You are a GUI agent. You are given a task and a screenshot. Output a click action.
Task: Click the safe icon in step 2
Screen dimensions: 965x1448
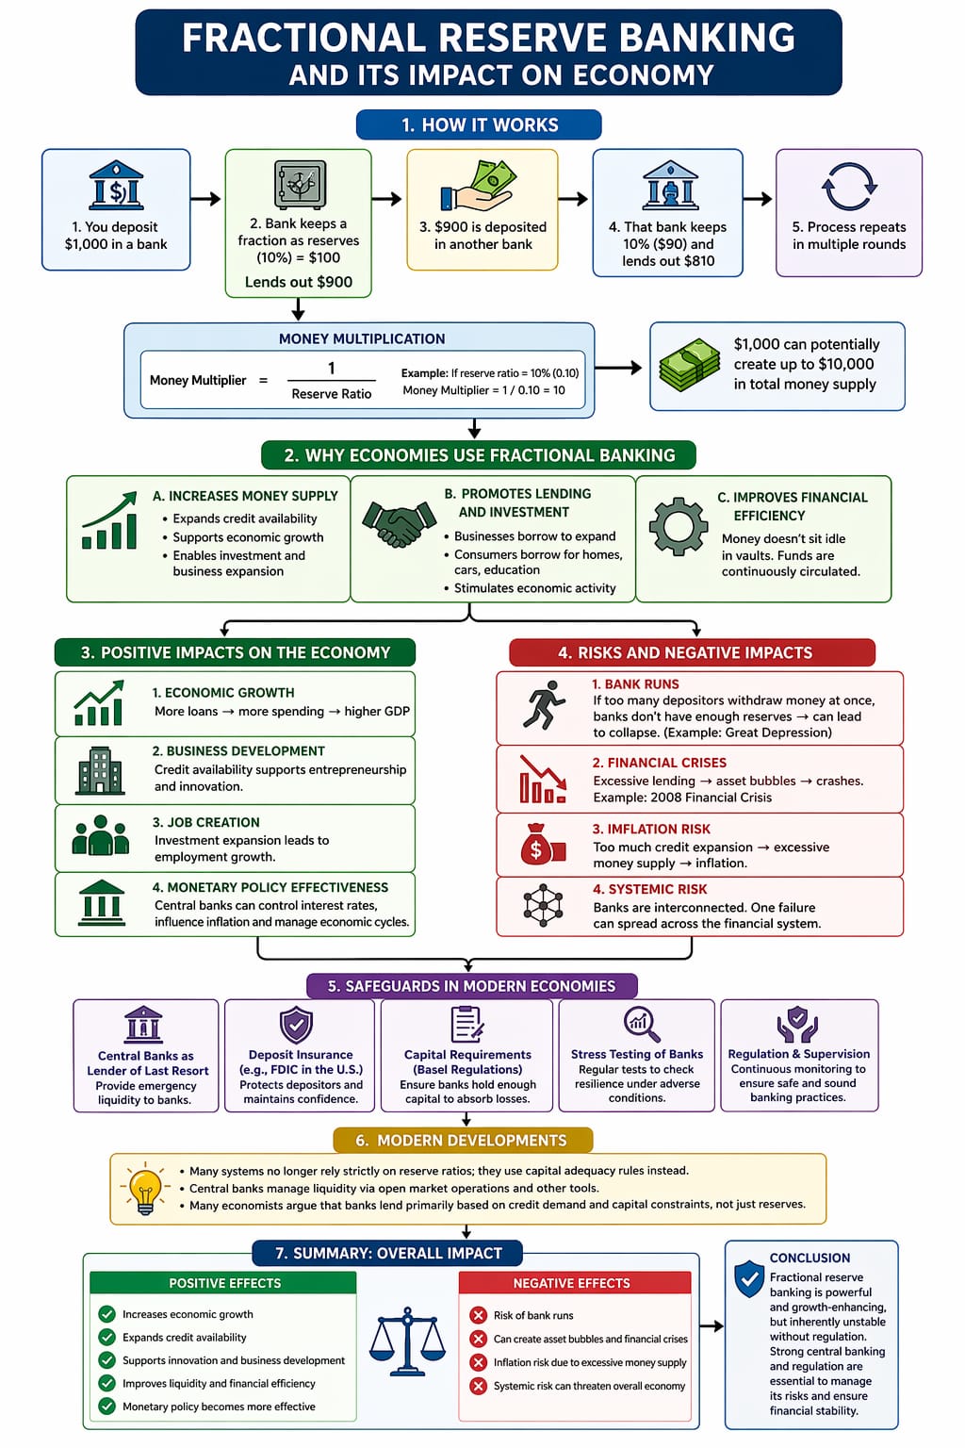click(x=300, y=185)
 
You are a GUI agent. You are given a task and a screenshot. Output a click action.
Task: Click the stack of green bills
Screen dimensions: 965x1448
click(x=689, y=365)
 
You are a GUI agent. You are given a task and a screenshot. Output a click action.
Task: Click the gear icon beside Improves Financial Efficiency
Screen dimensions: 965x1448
click(x=678, y=526)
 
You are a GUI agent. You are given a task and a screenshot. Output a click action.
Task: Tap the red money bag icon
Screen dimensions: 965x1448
click(x=543, y=845)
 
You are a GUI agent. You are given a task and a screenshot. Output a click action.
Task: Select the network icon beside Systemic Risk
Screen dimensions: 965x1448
click(x=543, y=905)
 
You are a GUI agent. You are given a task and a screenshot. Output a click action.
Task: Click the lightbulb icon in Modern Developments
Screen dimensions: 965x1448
click(x=145, y=1188)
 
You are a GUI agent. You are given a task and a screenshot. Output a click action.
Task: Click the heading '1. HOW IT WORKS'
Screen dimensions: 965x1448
click(x=479, y=124)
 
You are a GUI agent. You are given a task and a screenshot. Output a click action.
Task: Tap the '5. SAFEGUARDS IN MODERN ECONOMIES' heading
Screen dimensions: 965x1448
click(x=472, y=986)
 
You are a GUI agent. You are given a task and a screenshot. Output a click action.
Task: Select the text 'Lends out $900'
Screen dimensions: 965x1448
click(x=299, y=282)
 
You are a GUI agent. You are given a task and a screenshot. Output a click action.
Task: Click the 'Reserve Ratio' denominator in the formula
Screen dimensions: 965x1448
click(x=332, y=394)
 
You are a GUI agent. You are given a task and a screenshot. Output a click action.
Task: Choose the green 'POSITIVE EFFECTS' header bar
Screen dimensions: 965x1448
click(x=223, y=1283)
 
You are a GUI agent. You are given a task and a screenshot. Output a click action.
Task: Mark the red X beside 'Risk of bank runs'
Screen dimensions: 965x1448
click(x=479, y=1315)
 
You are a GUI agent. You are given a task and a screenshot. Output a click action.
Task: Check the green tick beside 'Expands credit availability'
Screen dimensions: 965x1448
click(x=106, y=1337)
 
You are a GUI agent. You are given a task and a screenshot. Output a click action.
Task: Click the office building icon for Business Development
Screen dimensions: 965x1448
click(x=100, y=770)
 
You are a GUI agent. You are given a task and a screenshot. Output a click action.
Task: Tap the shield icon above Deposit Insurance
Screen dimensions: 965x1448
click(x=296, y=1025)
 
